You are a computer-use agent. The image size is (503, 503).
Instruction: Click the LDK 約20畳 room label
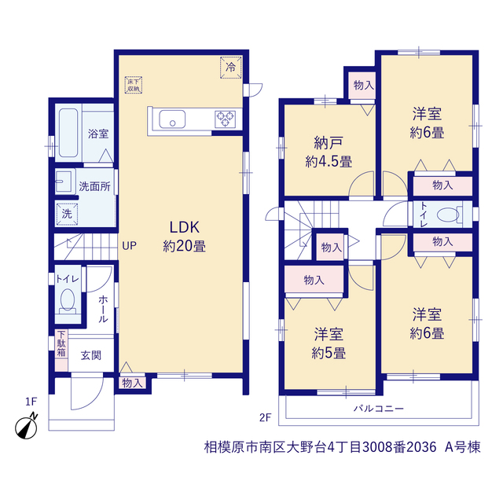point(185,237)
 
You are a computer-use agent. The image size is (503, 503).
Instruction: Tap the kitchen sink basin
point(172,119)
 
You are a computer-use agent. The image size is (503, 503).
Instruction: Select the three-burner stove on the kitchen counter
point(226,119)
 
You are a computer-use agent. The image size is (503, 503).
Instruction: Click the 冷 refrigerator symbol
point(230,68)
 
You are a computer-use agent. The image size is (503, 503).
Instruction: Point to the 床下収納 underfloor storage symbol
point(134,85)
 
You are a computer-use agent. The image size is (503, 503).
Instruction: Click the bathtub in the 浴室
point(68,133)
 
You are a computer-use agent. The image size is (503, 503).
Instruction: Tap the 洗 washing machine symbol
point(67,214)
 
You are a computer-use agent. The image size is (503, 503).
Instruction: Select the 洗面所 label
point(94,186)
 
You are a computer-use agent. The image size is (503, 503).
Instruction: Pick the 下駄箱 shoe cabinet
point(61,350)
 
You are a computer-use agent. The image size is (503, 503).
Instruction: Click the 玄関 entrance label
point(91,355)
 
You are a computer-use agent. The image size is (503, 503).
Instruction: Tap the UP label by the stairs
point(129,246)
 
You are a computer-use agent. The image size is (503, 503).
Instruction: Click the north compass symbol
point(27,427)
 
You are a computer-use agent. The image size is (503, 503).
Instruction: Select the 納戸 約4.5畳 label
point(329,152)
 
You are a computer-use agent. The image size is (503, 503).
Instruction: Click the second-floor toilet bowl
point(448,215)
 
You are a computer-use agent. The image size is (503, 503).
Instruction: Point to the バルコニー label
point(379,409)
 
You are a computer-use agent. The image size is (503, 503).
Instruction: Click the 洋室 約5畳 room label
point(329,343)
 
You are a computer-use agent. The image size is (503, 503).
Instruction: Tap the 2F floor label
point(266,417)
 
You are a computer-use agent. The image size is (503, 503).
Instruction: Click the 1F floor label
point(31,402)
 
